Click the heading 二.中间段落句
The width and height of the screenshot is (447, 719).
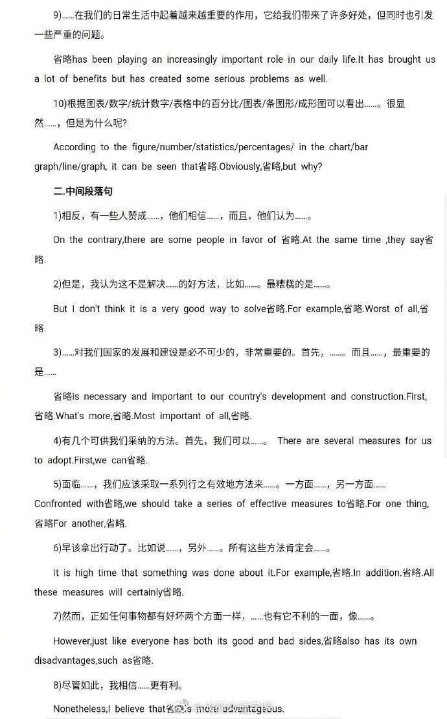click(84, 191)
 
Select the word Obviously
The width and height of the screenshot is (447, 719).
click(240, 166)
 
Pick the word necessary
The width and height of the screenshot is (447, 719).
click(105, 396)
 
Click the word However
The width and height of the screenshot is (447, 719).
click(72, 641)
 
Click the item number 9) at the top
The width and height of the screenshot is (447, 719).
click(59, 14)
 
